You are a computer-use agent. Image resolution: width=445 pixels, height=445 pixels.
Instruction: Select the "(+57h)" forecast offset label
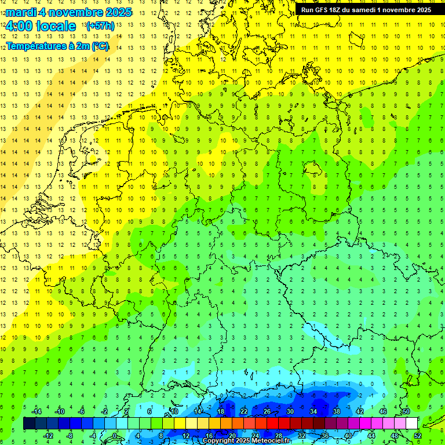pos(100,26)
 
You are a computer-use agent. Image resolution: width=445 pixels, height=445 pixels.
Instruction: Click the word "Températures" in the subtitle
pos(37,46)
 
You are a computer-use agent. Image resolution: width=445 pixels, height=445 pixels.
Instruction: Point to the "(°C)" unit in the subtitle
pos(99,46)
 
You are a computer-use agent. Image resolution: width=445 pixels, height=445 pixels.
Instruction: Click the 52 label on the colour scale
pos(417,435)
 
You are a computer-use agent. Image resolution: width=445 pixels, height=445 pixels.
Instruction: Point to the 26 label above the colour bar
pos(267,411)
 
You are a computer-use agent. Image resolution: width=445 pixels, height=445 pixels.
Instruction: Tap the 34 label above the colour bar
pos(313,411)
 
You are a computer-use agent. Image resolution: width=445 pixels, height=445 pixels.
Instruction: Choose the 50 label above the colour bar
pos(406,411)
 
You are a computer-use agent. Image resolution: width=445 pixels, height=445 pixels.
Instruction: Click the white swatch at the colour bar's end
pos(411,424)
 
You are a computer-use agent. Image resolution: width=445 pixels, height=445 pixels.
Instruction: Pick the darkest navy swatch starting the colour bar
pos(30,424)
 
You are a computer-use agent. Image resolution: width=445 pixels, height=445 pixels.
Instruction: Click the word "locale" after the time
pos(55,26)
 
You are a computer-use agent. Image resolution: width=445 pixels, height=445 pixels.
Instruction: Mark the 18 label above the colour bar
pos(221,411)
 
